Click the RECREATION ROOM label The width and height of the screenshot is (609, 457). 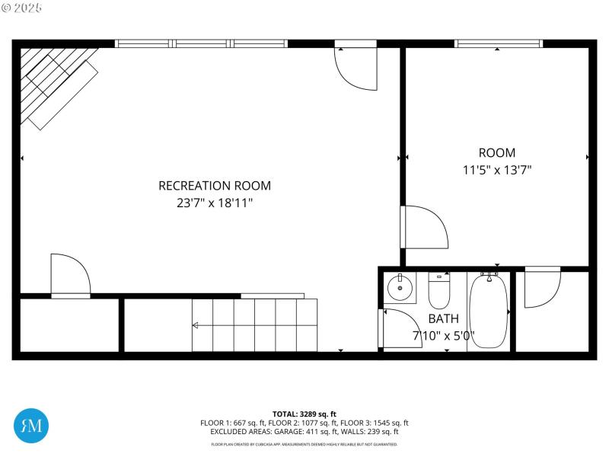pos(214,185)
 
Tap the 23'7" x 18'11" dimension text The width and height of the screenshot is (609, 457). pos(214,203)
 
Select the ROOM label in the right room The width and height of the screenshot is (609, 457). pos(496,152)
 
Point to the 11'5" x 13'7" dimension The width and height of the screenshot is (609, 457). pos(496,171)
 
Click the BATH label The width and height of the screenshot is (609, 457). pos(443,318)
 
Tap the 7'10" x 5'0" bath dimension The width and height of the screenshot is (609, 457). pos(443,335)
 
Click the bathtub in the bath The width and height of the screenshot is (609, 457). pos(488,312)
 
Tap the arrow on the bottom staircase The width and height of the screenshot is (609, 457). pos(196,325)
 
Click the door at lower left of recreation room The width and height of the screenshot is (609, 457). pos(69,274)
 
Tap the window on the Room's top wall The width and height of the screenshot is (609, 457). pos(498,43)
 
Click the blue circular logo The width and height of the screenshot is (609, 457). pos(32,423)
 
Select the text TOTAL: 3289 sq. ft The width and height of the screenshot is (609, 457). pos(304,414)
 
